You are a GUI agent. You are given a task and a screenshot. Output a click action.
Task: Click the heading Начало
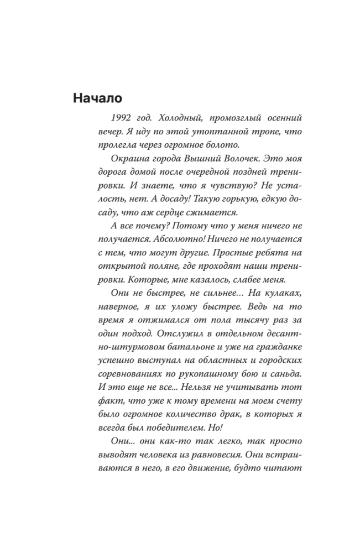(x=97, y=98)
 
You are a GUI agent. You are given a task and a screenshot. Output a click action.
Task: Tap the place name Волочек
(x=234, y=159)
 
